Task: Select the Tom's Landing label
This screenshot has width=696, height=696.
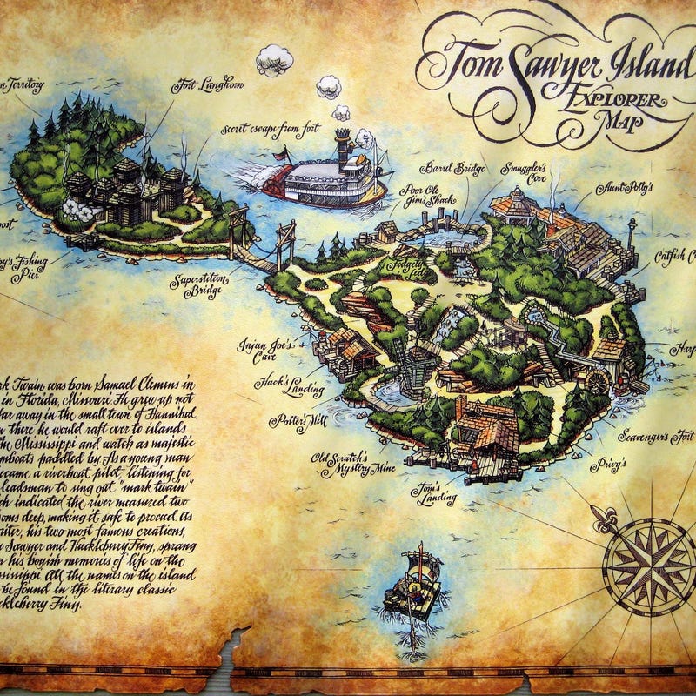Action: (433, 493)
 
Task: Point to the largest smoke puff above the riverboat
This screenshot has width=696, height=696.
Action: (275, 59)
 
